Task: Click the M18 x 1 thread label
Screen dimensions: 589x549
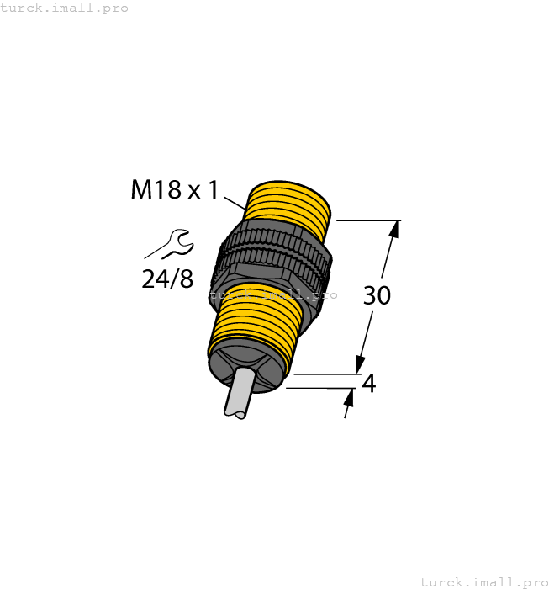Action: [x=174, y=190]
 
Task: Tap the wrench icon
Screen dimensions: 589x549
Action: [x=171, y=244]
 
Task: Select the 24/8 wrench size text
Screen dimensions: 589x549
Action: [x=167, y=279]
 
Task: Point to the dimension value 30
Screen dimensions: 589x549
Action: [x=377, y=295]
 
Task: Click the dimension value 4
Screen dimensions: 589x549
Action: [x=367, y=384]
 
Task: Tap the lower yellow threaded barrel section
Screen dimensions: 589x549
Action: [x=252, y=320]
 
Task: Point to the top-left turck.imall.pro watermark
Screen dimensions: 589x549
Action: [x=65, y=8]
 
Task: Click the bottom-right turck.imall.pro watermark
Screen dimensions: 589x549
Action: [x=483, y=581]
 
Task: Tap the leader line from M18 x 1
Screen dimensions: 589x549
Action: [x=235, y=202]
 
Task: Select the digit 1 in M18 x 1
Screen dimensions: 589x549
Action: [x=213, y=190]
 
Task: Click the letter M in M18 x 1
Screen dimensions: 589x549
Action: [x=142, y=190]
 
